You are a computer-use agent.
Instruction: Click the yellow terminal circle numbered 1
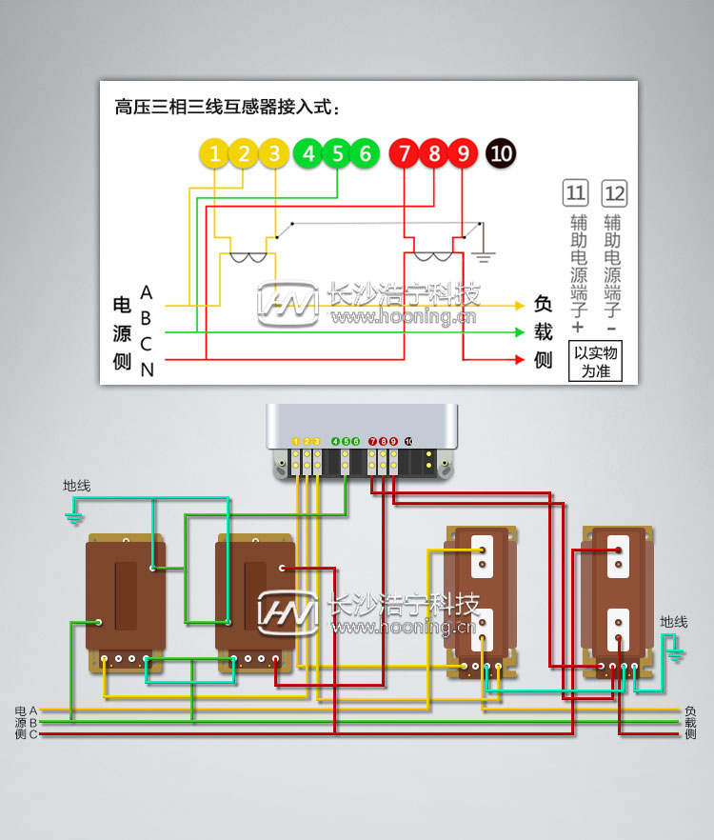[215, 153]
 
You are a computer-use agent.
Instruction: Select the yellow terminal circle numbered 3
[274, 153]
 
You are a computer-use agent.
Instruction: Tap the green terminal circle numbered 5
[336, 153]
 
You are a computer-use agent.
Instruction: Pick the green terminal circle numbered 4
[307, 153]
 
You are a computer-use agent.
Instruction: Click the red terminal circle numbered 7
[405, 153]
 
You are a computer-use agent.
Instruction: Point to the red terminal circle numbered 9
[463, 153]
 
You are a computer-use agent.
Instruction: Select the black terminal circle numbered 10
[501, 153]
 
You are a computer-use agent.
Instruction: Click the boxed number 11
[575, 194]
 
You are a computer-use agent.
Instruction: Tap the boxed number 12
[615, 194]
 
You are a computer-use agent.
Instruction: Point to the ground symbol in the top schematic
[484, 254]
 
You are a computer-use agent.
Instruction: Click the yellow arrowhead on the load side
[519, 306]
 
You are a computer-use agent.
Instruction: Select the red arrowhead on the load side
[519, 360]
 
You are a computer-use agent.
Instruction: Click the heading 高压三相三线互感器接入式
[227, 107]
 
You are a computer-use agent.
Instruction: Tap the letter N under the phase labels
[147, 370]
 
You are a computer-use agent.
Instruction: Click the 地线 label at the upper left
[76, 486]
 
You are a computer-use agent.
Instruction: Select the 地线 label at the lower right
[674, 622]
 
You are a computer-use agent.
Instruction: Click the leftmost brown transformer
[125, 600]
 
